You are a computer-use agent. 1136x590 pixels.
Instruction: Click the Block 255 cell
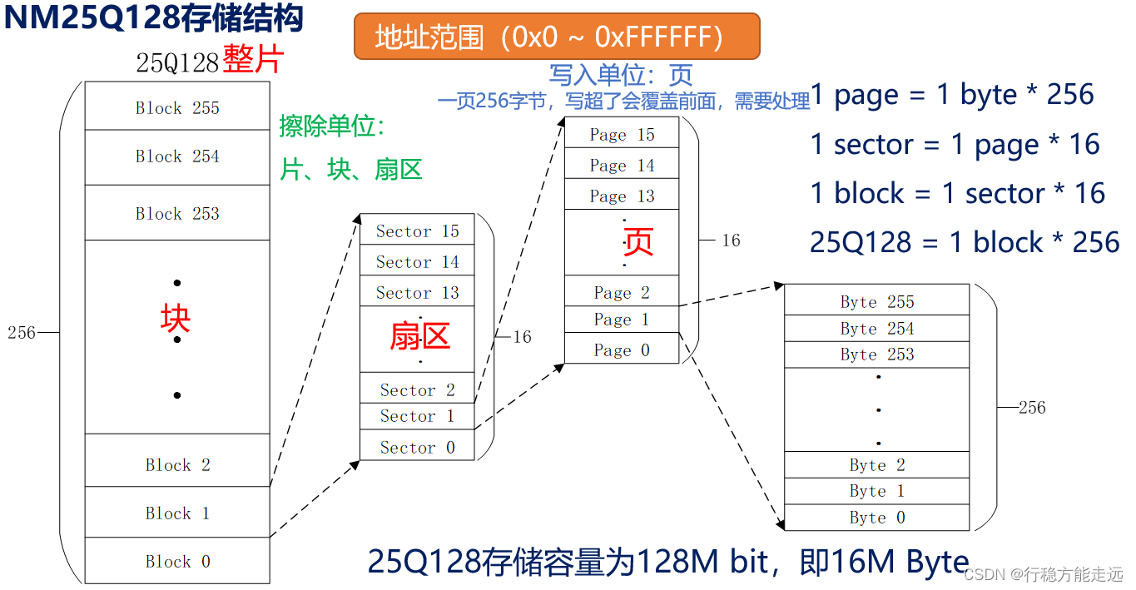[x=177, y=107]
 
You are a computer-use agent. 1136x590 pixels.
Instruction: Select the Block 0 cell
[x=177, y=561]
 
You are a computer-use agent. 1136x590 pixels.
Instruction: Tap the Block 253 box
[x=177, y=213]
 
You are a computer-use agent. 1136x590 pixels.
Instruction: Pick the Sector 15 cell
[x=417, y=231]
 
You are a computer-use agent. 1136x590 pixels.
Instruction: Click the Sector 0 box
[x=417, y=447]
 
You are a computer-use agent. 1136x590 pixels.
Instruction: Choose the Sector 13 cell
[x=417, y=292]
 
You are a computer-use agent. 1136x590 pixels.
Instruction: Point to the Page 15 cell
[x=622, y=134]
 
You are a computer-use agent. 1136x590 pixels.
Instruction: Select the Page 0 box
[x=622, y=350]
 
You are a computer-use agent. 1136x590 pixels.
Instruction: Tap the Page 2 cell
[x=622, y=292]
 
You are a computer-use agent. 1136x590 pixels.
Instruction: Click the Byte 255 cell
[x=876, y=301]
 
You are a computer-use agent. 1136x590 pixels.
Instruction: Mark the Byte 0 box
[x=876, y=517]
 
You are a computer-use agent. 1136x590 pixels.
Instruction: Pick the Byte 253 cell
[x=876, y=354]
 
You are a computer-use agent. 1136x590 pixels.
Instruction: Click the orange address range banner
[x=556, y=37]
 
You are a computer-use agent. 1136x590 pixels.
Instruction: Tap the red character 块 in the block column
[x=176, y=318]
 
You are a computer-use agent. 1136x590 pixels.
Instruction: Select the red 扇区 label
[x=419, y=336]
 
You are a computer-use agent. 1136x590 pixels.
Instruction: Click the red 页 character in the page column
[x=637, y=241]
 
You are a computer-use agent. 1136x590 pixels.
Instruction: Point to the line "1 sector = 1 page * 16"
[x=955, y=145]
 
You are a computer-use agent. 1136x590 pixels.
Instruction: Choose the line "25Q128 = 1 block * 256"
[x=964, y=242]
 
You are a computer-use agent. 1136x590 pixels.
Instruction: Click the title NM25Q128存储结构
[x=154, y=18]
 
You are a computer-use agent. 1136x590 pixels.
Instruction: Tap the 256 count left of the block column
[x=22, y=333]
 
